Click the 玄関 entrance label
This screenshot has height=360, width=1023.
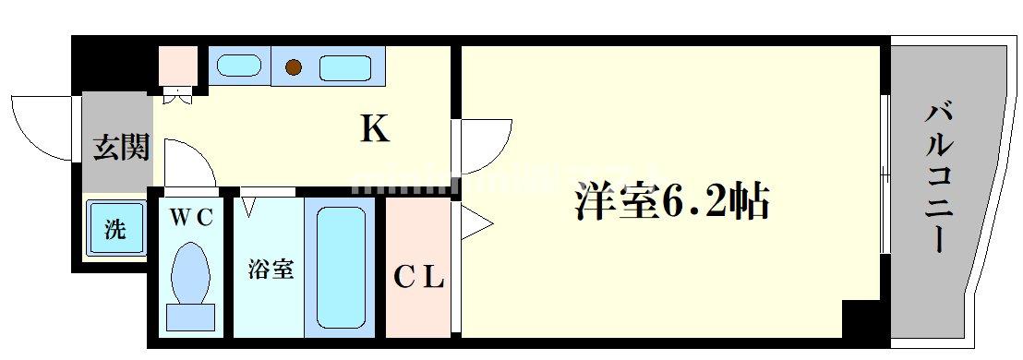(121, 147)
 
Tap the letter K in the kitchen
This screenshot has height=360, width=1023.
(374, 130)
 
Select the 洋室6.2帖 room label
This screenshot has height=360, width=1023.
(672, 200)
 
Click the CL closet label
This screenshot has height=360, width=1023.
(421, 276)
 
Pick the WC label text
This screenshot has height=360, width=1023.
(192, 218)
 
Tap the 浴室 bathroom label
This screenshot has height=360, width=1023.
(271, 270)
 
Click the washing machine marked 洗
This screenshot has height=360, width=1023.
(116, 229)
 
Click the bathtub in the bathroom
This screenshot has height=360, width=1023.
(342, 269)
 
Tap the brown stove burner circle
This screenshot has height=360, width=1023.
(294, 66)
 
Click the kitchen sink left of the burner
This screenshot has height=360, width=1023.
(239, 66)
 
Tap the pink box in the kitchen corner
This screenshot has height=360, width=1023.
(178, 66)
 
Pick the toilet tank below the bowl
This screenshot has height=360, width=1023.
(191, 317)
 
